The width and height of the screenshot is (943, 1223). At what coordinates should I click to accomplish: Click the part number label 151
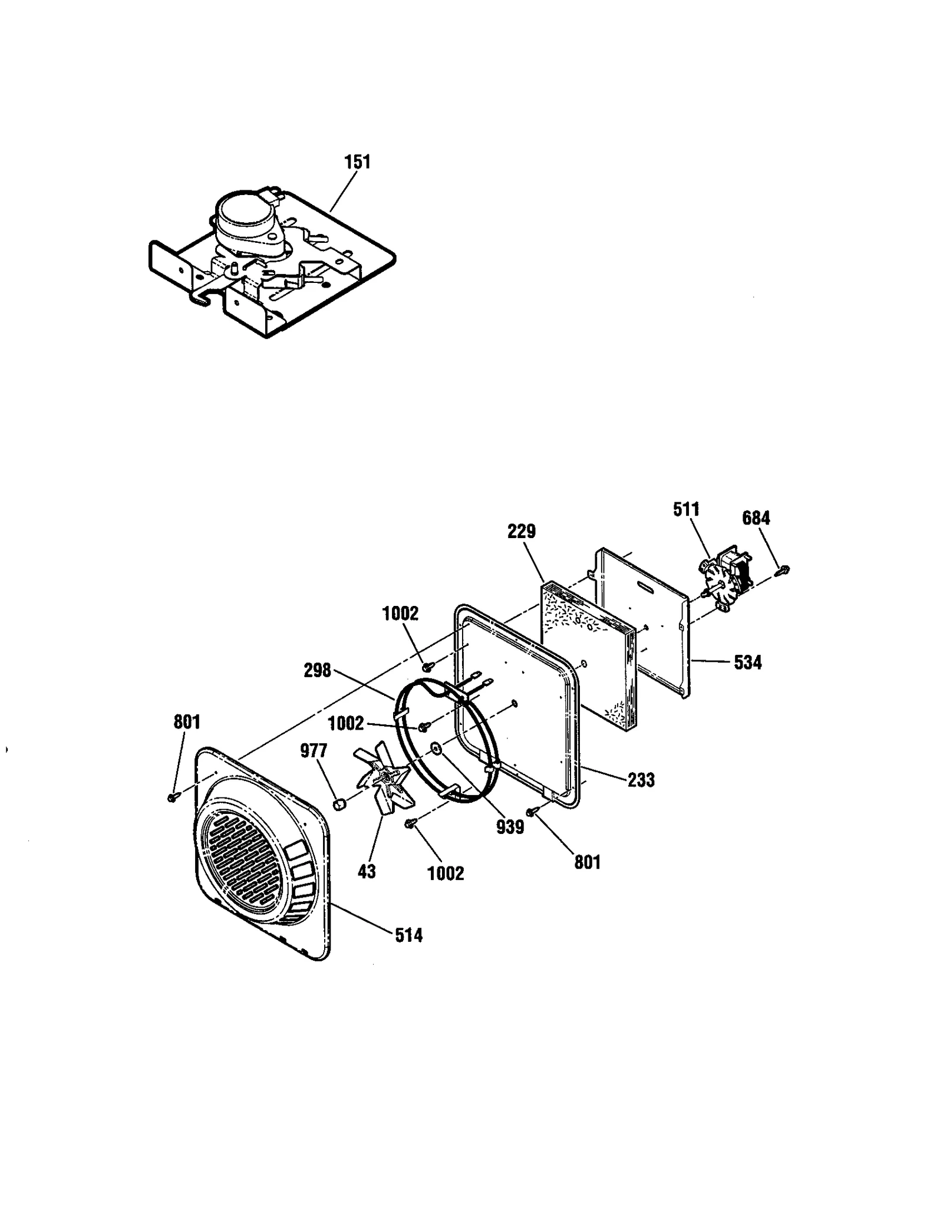(x=358, y=162)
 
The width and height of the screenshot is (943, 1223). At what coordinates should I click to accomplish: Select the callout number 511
(x=686, y=510)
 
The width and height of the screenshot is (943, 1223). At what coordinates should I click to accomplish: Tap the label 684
(x=756, y=518)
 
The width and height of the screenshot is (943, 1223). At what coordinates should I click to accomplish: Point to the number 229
(x=522, y=531)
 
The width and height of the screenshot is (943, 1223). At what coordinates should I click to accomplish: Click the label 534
(x=748, y=662)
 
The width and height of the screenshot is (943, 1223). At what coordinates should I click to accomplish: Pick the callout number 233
(x=641, y=780)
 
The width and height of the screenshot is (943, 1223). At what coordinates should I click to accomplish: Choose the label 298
(x=318, y=670)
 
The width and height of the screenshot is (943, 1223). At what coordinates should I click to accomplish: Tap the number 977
(x=313, y=750)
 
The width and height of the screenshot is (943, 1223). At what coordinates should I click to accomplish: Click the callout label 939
(x=510, y=827)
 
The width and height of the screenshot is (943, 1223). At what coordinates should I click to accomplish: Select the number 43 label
(x=367, y=871)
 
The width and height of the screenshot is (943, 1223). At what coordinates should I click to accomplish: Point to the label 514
(x=409, y=935)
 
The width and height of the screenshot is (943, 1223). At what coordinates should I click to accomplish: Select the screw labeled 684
(x=784, y=569)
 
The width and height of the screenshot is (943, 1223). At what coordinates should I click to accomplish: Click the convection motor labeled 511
(x=725, y=574)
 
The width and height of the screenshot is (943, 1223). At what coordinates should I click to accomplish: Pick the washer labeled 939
(x=437, y=749)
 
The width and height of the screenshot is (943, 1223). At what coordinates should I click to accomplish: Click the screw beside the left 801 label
(x=172, y=797)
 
